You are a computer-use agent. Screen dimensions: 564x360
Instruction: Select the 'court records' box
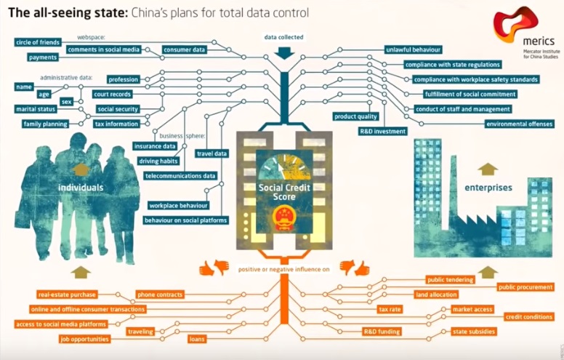(112, 94)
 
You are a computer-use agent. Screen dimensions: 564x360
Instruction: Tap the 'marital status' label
(36, 109)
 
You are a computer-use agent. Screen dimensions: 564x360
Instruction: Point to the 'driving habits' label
(158, 161)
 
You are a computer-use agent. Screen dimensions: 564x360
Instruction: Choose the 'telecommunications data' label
(180, 175)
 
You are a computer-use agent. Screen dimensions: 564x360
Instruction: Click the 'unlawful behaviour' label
(413, 49)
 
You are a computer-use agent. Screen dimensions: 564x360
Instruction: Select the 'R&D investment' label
(382, 131)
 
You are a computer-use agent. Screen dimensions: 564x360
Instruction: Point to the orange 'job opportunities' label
(85, 339)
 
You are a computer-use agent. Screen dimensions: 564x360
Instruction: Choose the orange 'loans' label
(197, 339)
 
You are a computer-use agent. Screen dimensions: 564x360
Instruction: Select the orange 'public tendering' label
(450, 279)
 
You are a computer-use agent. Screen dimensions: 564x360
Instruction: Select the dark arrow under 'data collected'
(284, 52)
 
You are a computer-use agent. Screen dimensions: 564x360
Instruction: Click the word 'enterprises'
(488, 188)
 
